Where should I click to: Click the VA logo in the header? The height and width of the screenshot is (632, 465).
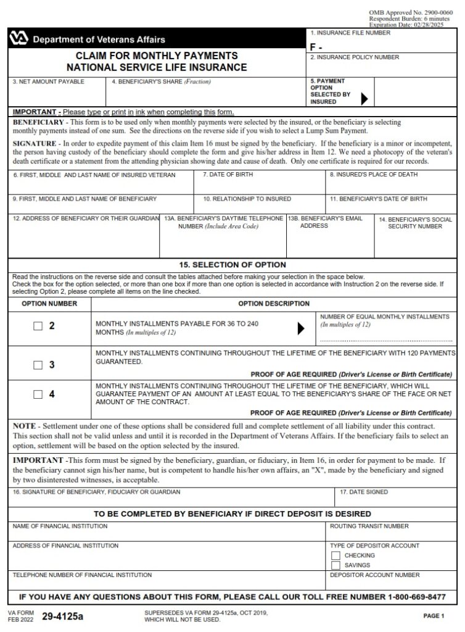click(x=19, y=39)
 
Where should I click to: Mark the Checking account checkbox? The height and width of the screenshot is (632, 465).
click(x=336, y=555)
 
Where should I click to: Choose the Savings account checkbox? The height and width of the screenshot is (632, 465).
click(x=336, y=565)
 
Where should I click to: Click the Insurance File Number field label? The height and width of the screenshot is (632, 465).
click(x=350, y=33)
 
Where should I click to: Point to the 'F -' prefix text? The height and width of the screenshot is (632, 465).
click(x=316, y=46)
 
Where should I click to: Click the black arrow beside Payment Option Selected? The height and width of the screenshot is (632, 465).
click(x=364, y=98)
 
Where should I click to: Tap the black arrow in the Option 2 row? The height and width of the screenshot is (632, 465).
click(x=301, y=329)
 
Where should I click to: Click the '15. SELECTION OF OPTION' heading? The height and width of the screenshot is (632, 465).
click(x=232, y=265)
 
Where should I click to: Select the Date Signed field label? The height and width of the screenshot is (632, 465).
click(x=364, y=493)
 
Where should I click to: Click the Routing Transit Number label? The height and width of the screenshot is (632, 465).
click(x=369, y=526)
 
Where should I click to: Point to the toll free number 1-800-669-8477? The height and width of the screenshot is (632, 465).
click(x=403, y=597)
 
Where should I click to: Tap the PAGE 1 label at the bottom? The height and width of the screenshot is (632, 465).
click(x=434, y=616)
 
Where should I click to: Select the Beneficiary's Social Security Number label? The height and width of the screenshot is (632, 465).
click(x=415, y=223)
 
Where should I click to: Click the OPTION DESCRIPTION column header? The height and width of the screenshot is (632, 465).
click(x=274, y=304)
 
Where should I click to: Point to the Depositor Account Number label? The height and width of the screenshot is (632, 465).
click(x=374, y=575)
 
